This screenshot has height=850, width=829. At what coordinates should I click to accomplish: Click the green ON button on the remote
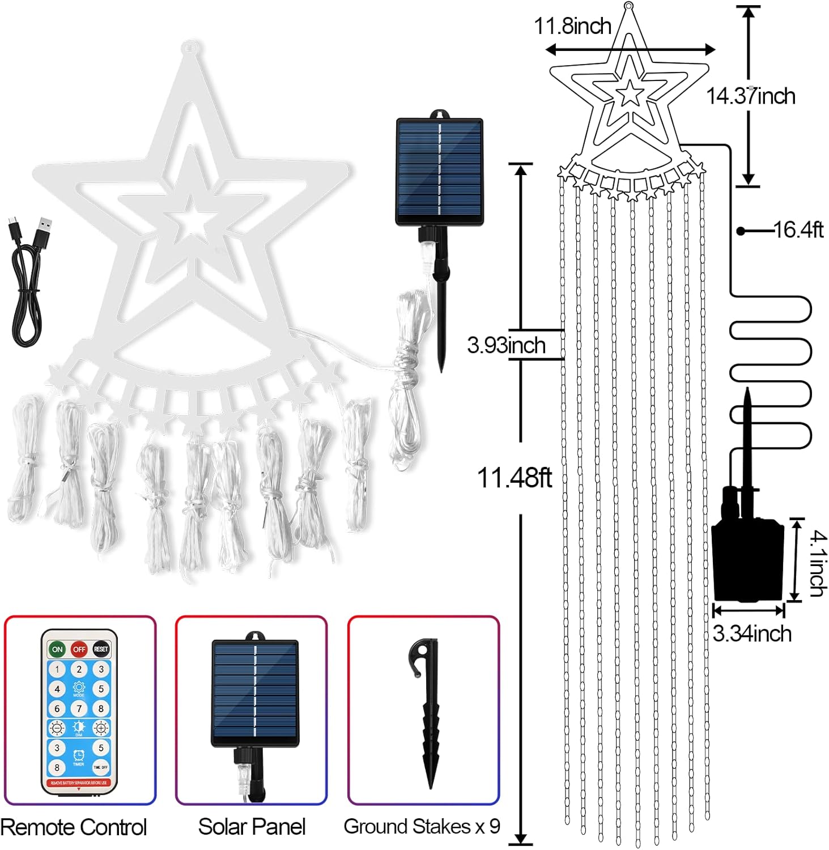[57, 649]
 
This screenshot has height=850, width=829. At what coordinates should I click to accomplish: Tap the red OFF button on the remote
[79, 649]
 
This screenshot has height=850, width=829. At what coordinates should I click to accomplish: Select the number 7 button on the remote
[79, 708]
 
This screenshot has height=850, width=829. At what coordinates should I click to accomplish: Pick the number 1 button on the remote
[57, 669]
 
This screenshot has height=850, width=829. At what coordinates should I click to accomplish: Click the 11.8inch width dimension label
[573, 26]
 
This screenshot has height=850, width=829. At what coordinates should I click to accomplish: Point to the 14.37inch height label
[750, 96]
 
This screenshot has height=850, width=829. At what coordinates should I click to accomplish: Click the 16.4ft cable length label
[798, 230]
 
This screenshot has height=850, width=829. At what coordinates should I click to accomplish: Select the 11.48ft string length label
[514, 478]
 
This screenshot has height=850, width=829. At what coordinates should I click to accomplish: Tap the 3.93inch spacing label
[506, 345]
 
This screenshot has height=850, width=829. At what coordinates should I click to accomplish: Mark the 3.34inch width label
[751, 634]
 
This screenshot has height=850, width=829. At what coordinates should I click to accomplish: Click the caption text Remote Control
[74, 827]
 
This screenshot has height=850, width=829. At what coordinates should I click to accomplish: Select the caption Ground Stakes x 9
[422, 826]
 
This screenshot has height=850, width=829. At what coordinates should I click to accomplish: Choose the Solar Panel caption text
[252, 827]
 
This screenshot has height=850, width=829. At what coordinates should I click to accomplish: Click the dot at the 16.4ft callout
[741, 231]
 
